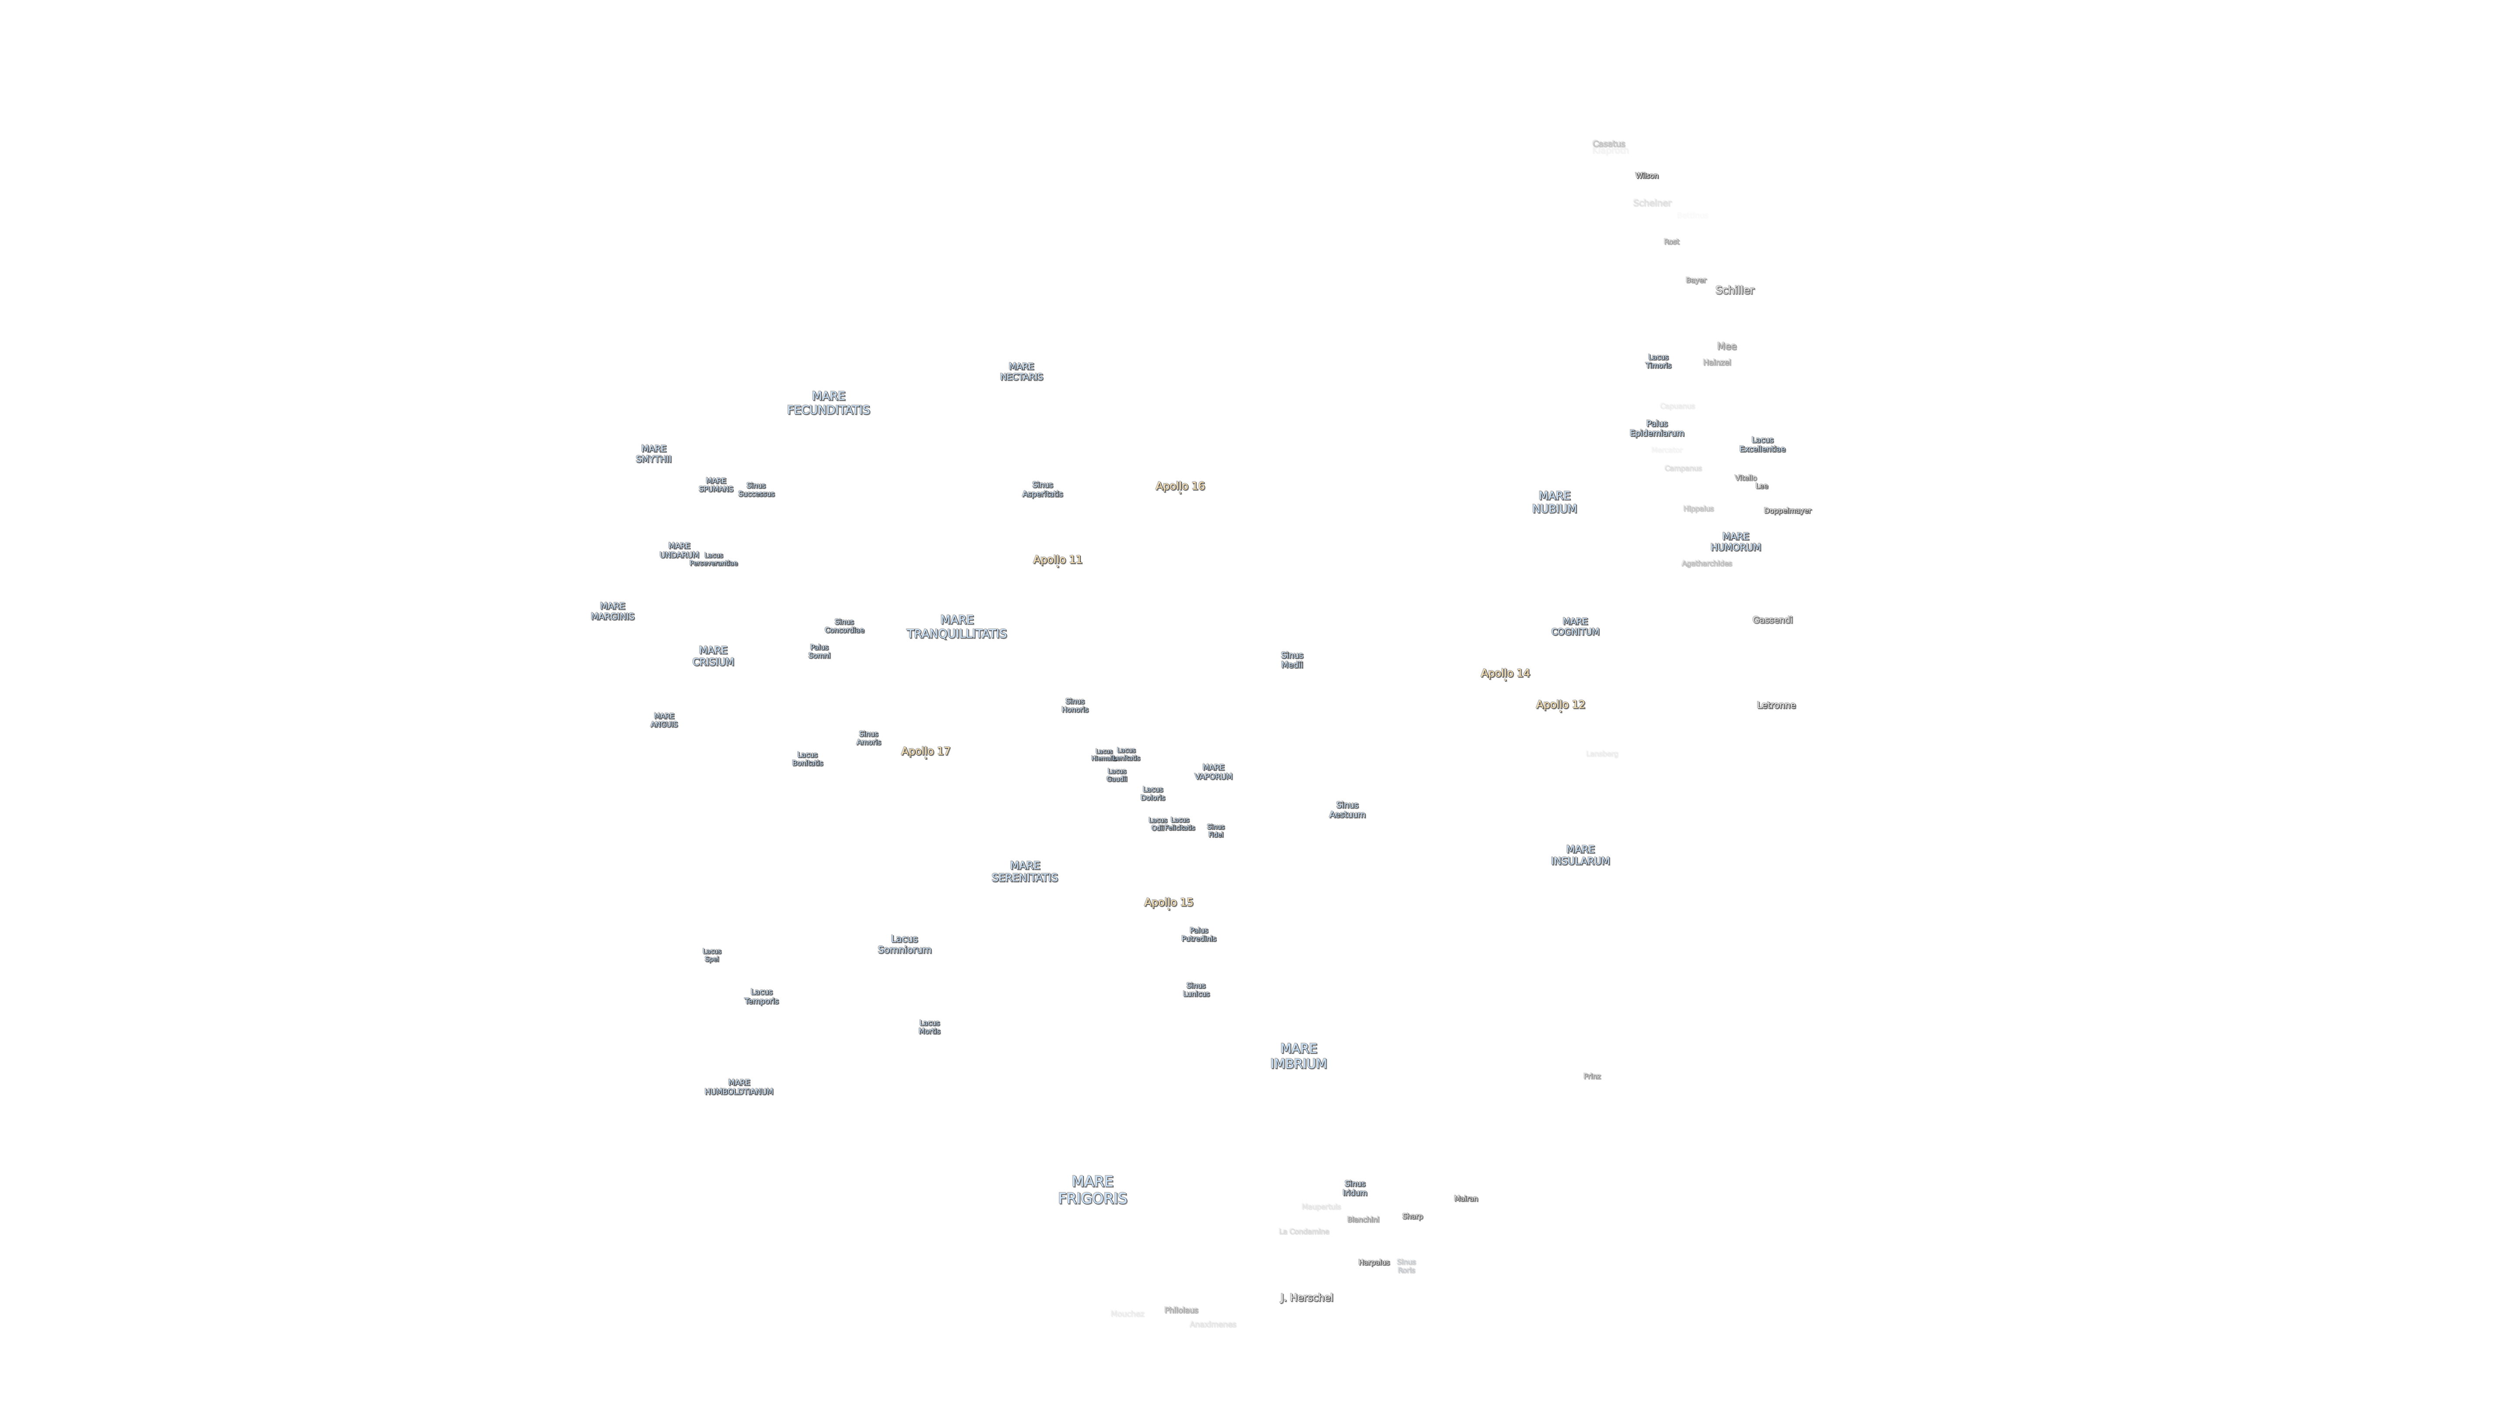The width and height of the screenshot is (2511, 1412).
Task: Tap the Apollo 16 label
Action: tap(1180, 485)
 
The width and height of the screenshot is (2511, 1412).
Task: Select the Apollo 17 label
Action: tap(925, 750)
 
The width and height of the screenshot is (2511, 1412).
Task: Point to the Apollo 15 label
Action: tap(1168, 901)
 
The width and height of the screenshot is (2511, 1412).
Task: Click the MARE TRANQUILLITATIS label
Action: tap(956, 627)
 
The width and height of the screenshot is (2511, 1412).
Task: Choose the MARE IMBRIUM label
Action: tap(1297, 1056)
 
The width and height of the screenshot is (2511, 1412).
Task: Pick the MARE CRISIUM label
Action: tap(713, 656)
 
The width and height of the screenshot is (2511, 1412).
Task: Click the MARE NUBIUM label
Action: tap(1554, 502)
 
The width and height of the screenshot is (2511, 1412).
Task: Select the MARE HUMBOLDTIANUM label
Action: tap(738, 1086)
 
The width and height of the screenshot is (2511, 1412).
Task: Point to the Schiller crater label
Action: tap(1734, 289)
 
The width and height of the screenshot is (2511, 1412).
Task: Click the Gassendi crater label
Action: tap(1771, 620)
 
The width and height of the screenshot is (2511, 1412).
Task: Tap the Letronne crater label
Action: tap(1775, 705)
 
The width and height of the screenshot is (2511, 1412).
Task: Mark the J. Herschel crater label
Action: tap(1305, 1297)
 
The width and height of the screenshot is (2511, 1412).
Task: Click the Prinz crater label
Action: tap(1591, 1076)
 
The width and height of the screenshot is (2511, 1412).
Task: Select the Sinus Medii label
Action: tap(1292, 660)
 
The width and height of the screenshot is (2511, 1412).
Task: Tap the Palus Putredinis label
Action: tap(1198, 933)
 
